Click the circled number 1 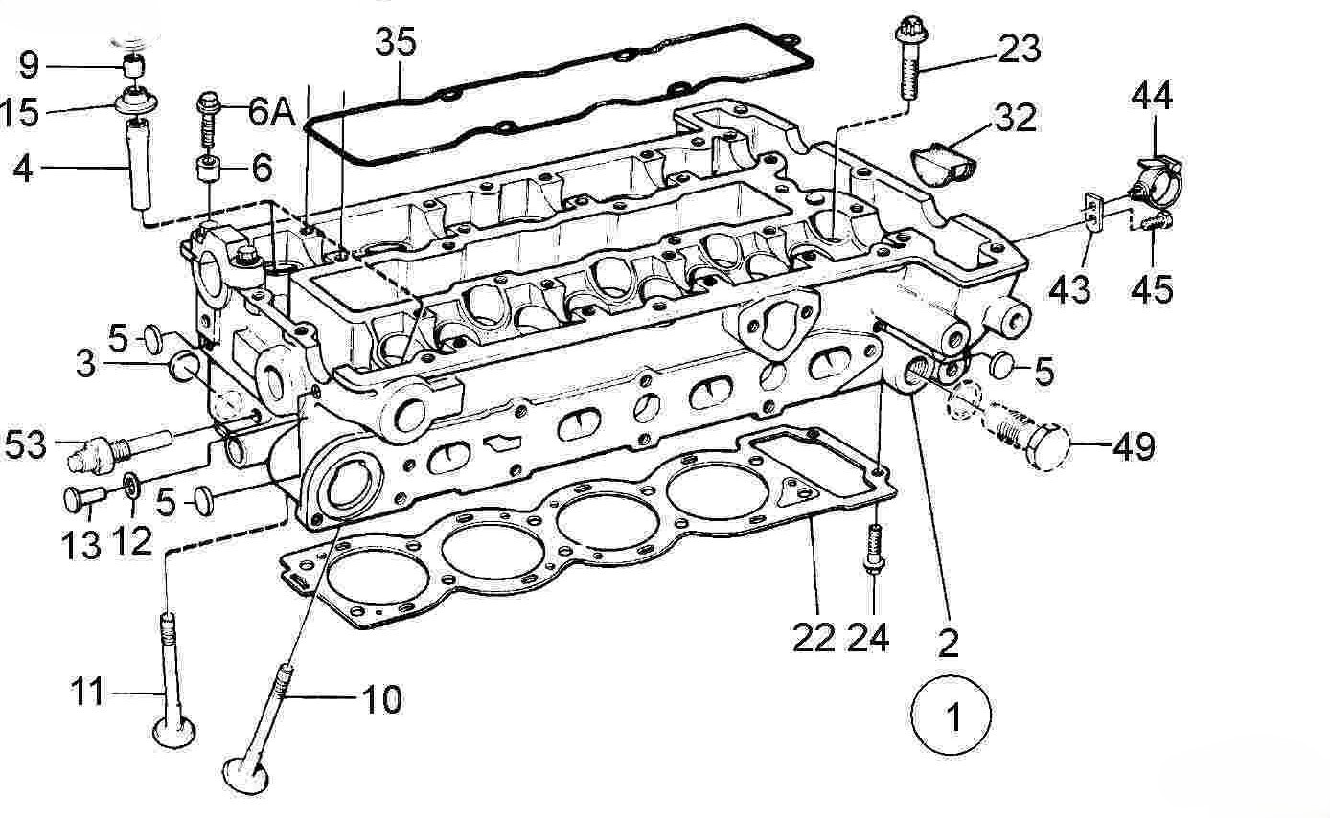tap(952, 715)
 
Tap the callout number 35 tap(396, 43)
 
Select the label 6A tap(271, 111)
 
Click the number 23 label tap(1020, 49)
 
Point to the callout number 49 tap(1134, 447)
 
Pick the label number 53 tap(26, 444)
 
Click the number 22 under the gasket tap(814, 638)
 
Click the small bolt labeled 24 tap(874, 549)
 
